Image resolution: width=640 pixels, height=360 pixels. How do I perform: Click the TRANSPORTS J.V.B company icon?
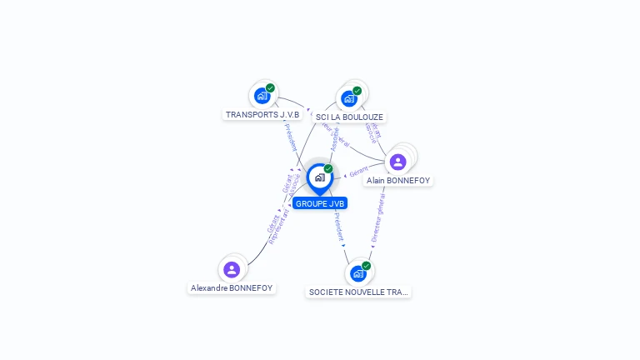point(262,95)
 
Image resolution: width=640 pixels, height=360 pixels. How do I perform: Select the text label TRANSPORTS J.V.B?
point(262,114)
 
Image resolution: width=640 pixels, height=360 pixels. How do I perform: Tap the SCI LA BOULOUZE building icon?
point(349,98)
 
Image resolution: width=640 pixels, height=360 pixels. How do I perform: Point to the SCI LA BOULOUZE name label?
point(351,117)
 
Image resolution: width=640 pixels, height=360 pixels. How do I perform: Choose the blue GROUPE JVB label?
point(320,203)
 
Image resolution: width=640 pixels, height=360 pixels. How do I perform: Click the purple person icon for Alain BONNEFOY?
point(397,162)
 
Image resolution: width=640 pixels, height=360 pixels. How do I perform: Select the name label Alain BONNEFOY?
point(398,180)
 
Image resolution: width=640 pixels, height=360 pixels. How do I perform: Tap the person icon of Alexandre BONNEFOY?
point(232,269)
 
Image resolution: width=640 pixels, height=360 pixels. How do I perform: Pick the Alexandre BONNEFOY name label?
point(232,287)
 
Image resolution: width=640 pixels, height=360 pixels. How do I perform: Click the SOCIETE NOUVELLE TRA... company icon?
point(358,273)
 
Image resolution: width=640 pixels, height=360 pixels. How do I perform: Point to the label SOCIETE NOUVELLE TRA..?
point(359,292)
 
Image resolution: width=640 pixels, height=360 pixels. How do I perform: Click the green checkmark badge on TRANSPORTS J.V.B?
point(270,87)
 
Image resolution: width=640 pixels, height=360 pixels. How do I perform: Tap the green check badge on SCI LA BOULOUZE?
point(357,91)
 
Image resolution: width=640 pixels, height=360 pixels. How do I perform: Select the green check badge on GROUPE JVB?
point(328,169)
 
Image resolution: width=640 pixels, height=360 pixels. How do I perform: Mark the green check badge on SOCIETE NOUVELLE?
point(367,266)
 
